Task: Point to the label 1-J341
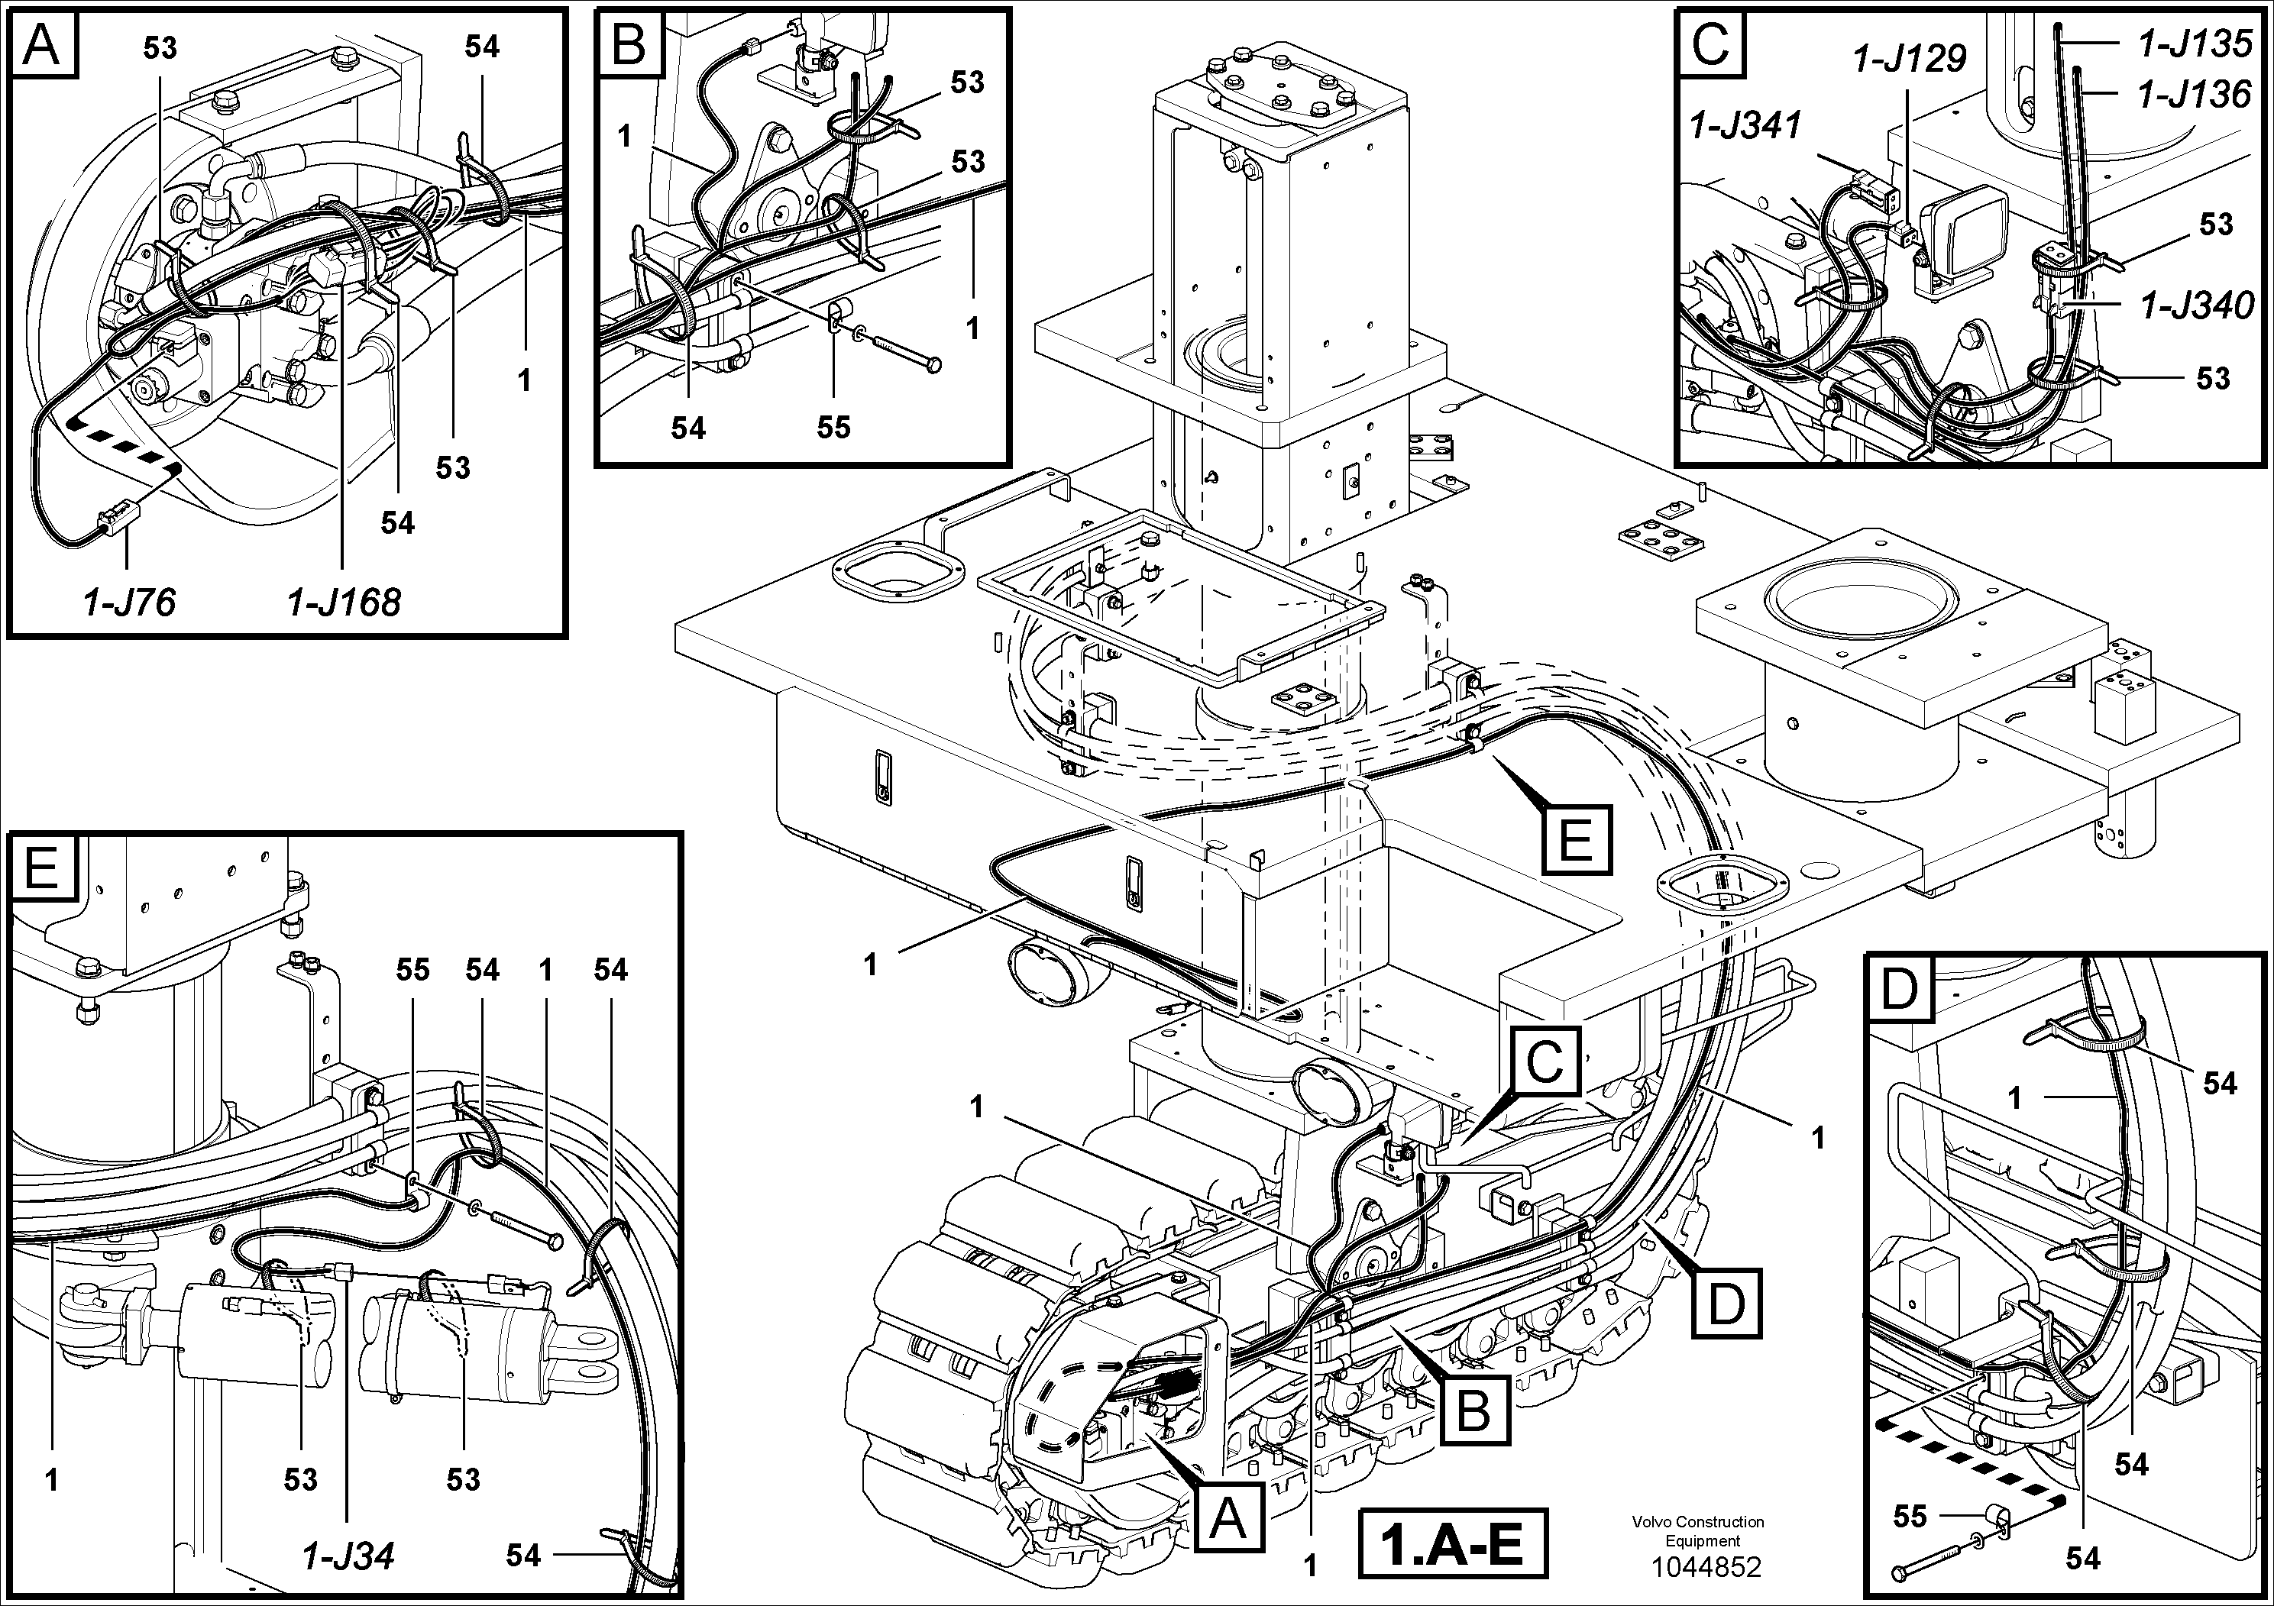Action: coord(1746,126)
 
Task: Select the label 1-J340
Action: coord(2196,306)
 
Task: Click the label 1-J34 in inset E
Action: coord(348,1556)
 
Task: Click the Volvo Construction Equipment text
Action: coord(1699,1530)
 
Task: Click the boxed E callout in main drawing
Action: coord(1575,839)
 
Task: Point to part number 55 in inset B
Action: coord(833,427)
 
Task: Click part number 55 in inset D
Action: coord(1910,1516)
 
